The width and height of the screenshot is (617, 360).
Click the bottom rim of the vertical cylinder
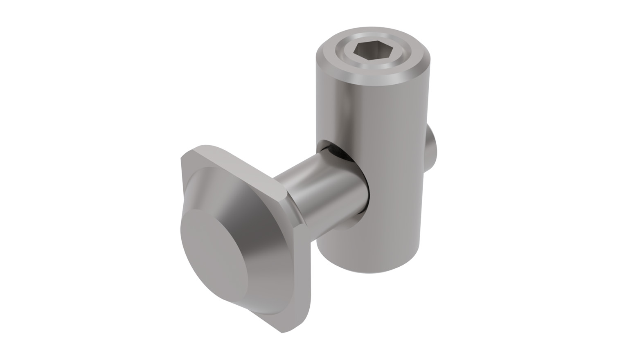[x=368, y=268]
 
